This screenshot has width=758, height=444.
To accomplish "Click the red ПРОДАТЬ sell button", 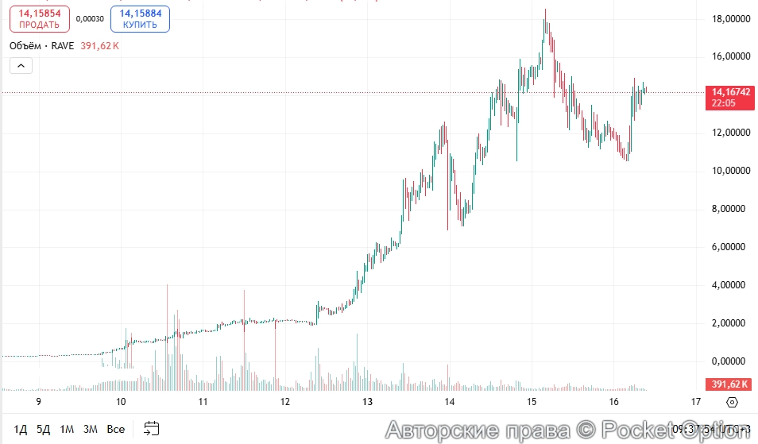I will pos(39,19).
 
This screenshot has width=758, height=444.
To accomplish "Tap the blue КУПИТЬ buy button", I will pos(140,19).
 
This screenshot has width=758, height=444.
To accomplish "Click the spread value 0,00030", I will pos(89,19).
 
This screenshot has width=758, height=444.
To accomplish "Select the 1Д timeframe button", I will pos(21,430).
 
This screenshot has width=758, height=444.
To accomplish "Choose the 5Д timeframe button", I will pos(43,430).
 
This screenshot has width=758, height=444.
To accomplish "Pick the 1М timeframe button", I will pos(67,430).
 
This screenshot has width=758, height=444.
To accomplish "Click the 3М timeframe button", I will pos(90,430).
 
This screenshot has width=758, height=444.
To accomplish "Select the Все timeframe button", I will pos(116,430).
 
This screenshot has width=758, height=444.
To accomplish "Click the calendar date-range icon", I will pos(152,430).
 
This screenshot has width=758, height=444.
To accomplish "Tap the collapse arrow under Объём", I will pos(21,66).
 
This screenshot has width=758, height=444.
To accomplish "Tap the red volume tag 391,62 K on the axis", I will pos(729,384).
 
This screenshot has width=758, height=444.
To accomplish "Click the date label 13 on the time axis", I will pos(367,402).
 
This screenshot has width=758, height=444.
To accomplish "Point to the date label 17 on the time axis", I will pos(696,402).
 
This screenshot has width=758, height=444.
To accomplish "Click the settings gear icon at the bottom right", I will pos(732,403).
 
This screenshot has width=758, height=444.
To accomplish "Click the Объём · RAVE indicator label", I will pos(41,46).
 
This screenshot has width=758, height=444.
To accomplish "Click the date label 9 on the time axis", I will pos(38,402).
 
